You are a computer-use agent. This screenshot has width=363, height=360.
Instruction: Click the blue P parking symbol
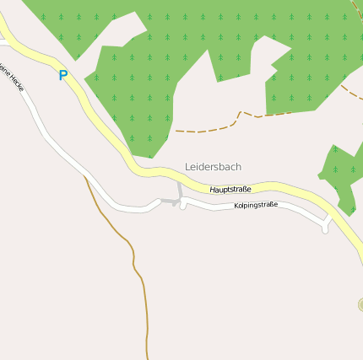[x=62, y=75]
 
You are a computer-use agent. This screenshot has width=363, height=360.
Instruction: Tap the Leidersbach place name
[x=213, y=167]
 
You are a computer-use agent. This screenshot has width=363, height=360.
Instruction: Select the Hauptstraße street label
[x=230, y=190]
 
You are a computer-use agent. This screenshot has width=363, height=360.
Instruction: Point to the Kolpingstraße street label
[x=256, y=205]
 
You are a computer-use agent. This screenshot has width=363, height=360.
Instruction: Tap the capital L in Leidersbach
[x=187, y=167]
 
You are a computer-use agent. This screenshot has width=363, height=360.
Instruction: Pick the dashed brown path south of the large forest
[x=207, y=129]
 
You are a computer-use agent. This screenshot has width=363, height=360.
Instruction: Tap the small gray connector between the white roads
[x=169, y=202]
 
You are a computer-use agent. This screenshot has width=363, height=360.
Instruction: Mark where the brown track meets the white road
[x=84, y=177]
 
